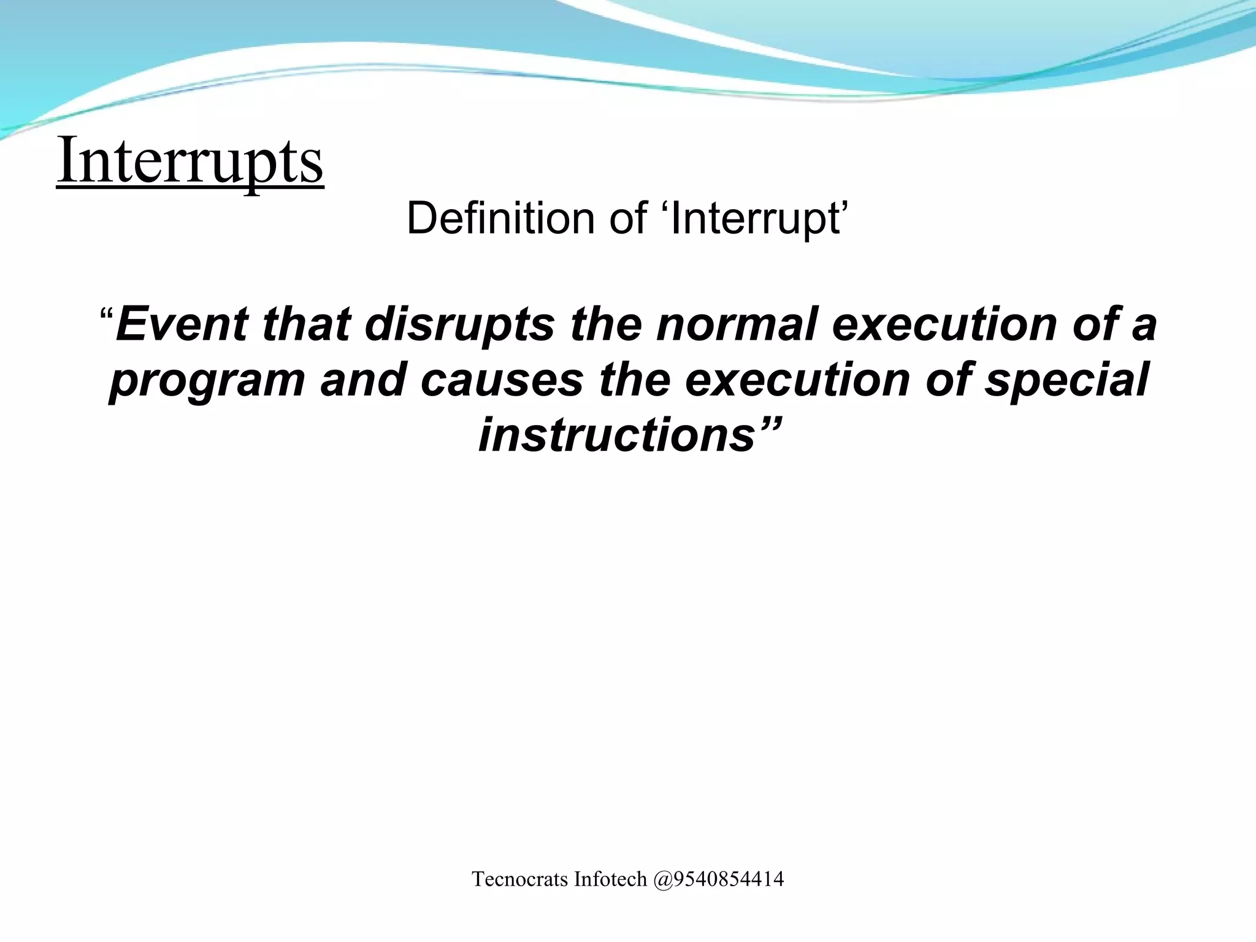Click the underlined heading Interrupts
click(x=190, y=161)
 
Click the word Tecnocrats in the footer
click(x=519, y=879)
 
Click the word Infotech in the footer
click(x=610, y=879)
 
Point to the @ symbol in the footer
click(x=663, y=879)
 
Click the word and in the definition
click(x=362, y=380)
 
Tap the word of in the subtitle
click(x=628, y=218)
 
